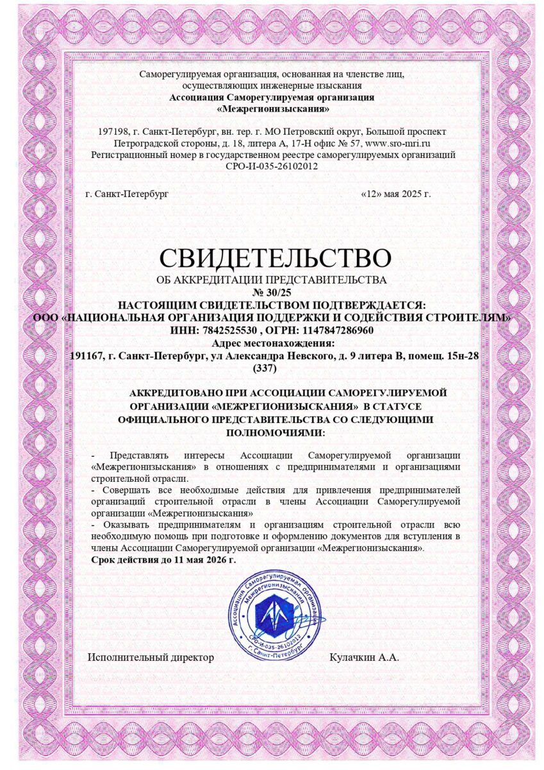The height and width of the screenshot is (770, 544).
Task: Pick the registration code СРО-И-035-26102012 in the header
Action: point(272,166)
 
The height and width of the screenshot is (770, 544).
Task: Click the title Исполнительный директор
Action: point(151,657)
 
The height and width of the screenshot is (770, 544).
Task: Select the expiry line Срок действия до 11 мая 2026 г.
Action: point(163,560)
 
